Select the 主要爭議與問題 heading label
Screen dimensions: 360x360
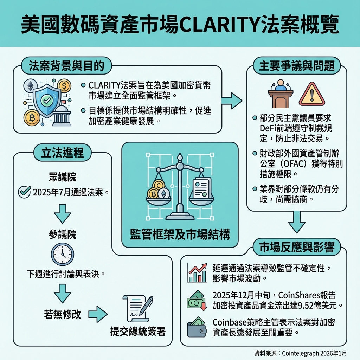(297, 65)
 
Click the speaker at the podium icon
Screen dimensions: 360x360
(281, 94)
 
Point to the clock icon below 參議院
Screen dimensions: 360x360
(63, 254)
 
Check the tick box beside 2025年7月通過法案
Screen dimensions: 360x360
(24, 192)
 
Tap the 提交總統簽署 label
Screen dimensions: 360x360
(138, 331)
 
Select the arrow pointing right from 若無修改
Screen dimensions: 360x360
(97, 314)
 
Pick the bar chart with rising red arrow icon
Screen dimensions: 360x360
(198, 273)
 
